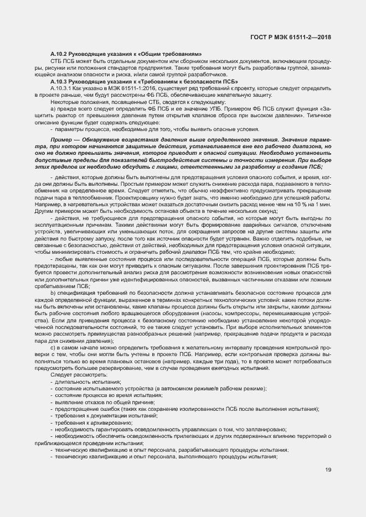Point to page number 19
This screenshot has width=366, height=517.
(328, 470)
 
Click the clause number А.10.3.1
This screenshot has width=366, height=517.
(60, 88)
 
